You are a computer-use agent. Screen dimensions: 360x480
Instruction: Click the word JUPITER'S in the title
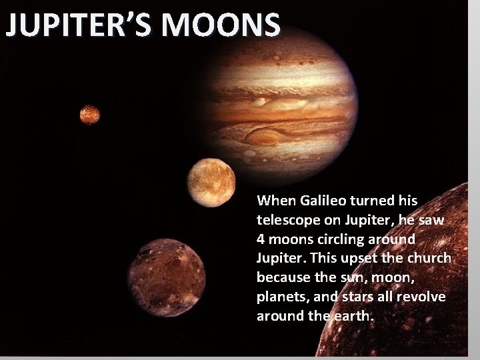coord(79,25)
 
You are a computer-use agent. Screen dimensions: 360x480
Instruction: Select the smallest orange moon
coord(89,115)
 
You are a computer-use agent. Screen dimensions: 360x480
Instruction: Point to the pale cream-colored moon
coord(211,182)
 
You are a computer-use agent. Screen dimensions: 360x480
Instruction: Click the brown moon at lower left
coord(166,277)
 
